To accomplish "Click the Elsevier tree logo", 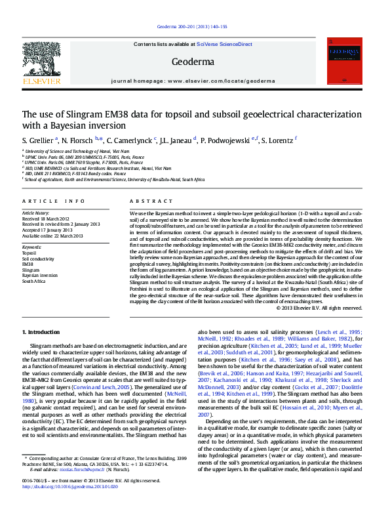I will click(41, 59).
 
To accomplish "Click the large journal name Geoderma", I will click(192, 62).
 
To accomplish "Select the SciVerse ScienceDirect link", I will click(229, 44).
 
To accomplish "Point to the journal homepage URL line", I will click(193, 81).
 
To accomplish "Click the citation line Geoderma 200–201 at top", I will click(193, 26).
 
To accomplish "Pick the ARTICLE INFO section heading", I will click(54, 201).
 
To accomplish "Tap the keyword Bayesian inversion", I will click(40, 276).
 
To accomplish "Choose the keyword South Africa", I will click(34, 281).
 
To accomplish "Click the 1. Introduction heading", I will click(41, 333).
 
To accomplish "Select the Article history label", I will click(36, 213).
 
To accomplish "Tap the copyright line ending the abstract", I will click(319, 308).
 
